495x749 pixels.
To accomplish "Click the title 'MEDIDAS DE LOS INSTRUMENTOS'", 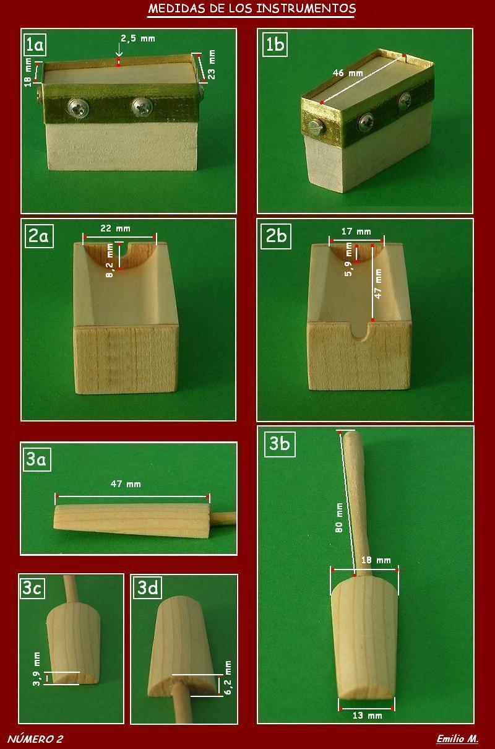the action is pyautogui.click(x=252, y=9).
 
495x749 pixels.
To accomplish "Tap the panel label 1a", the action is pyautogui.click(x=35, y=45).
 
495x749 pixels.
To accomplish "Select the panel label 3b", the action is pyautogui.click(x=280, y=444).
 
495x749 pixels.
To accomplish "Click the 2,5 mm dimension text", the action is pyautogui.click(x=138, y=39).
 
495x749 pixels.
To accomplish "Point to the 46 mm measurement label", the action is pyautogui.click(x=348, y=72).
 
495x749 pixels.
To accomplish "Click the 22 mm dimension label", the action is pyautogui.click(x=115, y=228).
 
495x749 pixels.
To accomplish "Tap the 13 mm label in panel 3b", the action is pyautogui.click(x=368, y=716).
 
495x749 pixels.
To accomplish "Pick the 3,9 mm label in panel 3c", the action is pyautogui.click(x=37, y=669).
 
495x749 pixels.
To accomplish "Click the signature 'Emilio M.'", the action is pyautogui.click(x=457, y=738).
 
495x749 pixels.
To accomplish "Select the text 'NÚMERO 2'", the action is pyautogui.click(x=35, y=739).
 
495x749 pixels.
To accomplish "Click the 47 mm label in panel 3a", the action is pyautogui.click(x=126, y=484).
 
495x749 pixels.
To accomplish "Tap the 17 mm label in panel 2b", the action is pyautogui.click(x=356, y=232).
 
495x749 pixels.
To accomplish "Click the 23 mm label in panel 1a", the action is pyautogui.click(x=212, y=64).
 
